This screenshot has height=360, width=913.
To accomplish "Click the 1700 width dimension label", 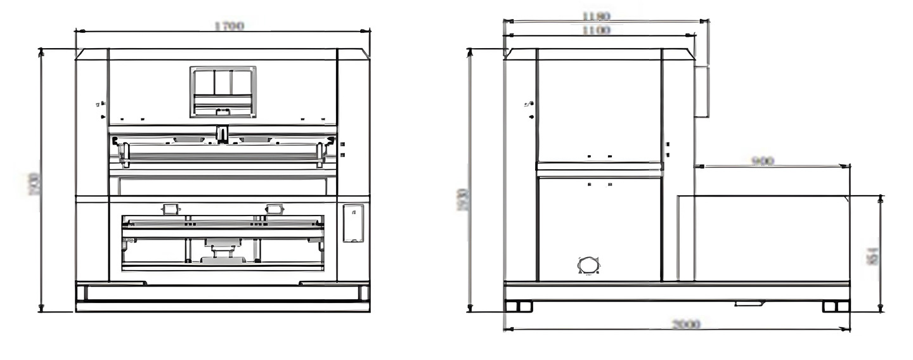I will coord(229,26).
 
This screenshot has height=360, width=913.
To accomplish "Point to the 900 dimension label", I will coord(763,161).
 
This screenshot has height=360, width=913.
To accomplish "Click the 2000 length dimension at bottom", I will coord(685,325).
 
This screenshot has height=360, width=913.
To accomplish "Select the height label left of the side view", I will coord(462,199).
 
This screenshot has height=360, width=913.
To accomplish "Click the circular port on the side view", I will coord(589,265).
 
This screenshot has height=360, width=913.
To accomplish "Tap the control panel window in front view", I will coord(223,91).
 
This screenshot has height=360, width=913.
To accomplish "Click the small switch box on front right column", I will coord(353,222).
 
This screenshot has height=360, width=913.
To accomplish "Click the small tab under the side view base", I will coord(749,304).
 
